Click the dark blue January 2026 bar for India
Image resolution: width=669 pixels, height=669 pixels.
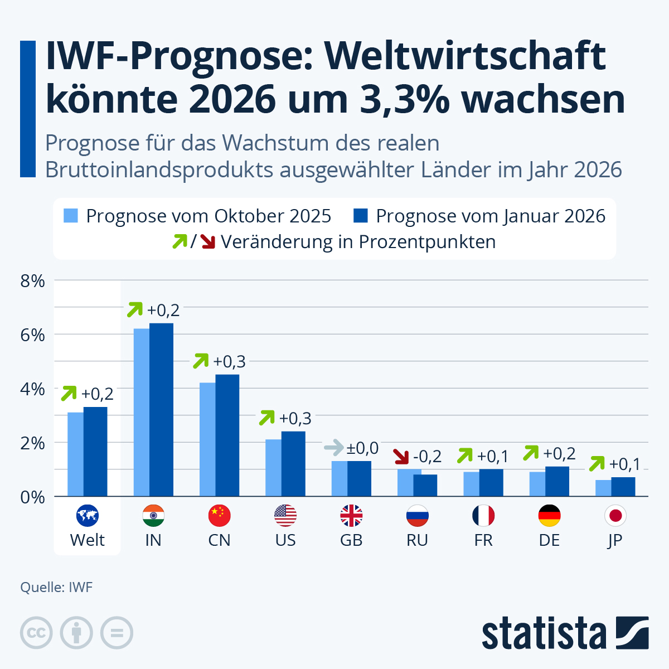162,410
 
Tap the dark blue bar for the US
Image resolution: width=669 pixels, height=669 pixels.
293,464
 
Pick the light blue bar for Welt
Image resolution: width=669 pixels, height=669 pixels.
75,454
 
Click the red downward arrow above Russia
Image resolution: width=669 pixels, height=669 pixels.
401,457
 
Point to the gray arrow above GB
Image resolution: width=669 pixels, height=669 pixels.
334,447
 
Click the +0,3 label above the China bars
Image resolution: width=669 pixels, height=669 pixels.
229,362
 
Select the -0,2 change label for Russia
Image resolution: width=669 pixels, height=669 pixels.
428,457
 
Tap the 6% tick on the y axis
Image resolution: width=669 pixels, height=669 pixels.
32,335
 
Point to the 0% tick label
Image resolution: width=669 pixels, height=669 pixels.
32,497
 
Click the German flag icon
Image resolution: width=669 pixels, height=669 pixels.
549,516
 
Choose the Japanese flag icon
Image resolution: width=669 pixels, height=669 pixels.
615,516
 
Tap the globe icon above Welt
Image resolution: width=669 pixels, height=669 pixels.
87,516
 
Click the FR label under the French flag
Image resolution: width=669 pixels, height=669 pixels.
483,540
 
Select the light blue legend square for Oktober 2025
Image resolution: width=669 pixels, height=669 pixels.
71,216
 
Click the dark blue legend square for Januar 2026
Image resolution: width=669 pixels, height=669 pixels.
361,216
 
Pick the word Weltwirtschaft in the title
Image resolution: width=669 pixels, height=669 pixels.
465,56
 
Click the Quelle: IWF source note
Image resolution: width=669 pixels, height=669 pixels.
56,587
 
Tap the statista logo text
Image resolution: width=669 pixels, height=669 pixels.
544,633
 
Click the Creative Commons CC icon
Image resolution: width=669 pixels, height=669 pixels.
36,633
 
